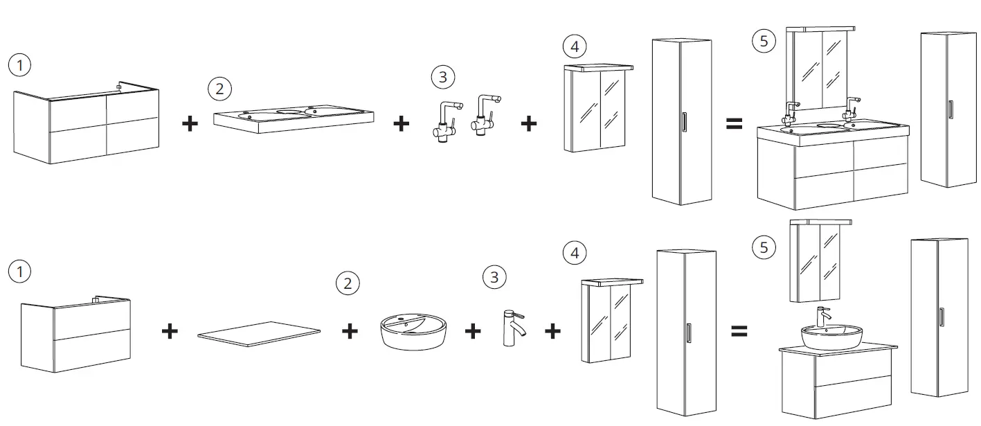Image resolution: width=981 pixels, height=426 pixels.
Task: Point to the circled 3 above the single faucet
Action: [494, 278]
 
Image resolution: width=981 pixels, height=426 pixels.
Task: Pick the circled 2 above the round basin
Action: [348, 283]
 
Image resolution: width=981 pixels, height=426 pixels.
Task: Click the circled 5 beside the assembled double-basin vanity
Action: [764, 41]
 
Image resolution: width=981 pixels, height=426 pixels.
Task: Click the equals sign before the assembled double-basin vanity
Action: [734, 124]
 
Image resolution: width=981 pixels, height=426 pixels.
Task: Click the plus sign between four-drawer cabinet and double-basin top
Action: [189, 124]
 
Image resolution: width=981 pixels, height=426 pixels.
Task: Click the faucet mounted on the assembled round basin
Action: [823, 317]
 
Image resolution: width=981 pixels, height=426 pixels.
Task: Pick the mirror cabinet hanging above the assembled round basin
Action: [820, 260]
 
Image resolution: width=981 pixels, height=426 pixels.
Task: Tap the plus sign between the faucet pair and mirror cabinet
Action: [528, 124]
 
